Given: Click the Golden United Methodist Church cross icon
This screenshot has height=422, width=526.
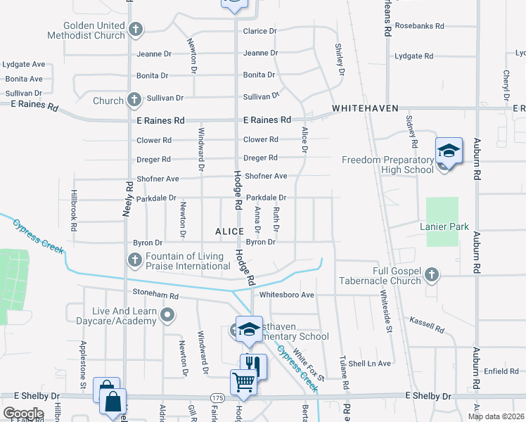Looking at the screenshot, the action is coord(136,30).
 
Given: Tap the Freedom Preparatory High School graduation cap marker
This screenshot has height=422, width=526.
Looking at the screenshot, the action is coord(449,151).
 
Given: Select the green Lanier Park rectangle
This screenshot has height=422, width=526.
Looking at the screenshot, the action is coord(442,222).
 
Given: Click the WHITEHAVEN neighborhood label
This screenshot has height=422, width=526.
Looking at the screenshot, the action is coord(365,108).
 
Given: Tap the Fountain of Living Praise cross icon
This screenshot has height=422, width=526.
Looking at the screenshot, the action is coord(134,261).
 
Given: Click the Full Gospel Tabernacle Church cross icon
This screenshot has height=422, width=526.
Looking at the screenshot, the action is coord(432,274).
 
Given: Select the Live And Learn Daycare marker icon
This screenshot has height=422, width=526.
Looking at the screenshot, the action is coord(167,316).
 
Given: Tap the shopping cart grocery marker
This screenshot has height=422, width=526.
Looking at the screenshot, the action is coord(244,383).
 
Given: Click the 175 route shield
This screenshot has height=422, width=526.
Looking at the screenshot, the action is coord(218,398).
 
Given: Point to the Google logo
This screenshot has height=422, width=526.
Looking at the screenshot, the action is coord(23,414).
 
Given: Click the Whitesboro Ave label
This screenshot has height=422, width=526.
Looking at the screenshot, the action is coord(287,295).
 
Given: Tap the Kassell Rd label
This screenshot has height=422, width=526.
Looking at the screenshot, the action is coord(426,325).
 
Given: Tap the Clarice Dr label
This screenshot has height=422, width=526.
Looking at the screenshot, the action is coord(260,31).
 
